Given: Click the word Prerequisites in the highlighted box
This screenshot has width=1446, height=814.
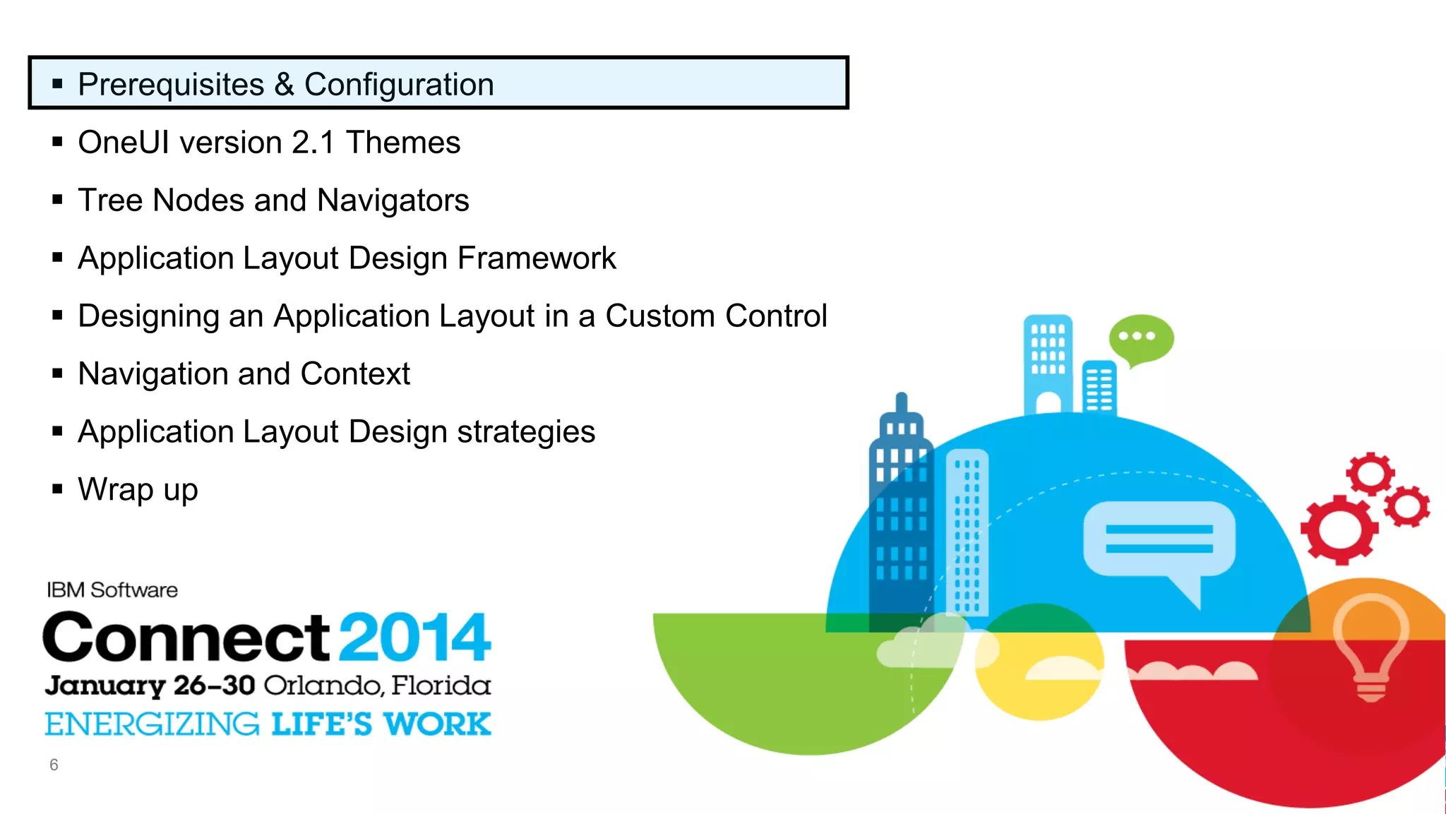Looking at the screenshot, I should tap(171, 85).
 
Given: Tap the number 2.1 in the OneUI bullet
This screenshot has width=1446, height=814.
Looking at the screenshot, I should tap(313, 143).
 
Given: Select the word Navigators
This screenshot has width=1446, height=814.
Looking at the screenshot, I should tap(393, 201).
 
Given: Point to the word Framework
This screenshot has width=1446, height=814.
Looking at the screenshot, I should tap(537, 258).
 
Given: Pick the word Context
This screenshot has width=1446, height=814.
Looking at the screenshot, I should tap(354, 374).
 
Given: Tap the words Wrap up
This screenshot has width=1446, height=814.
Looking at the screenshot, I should tap(138, 490).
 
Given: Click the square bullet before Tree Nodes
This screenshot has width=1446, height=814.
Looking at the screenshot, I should tap(58, 200).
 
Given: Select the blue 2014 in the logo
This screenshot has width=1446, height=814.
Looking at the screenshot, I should tap(414, 638).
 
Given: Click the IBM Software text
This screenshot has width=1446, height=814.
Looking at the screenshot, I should tap(112, 590).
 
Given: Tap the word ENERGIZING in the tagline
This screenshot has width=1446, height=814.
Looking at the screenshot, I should tap(152, 725).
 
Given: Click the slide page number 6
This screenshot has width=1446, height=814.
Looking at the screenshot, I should tap(54, 765).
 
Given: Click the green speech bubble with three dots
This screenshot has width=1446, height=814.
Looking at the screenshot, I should tap(1140, 338).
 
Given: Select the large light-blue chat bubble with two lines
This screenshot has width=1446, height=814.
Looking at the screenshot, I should tap(1159, 540).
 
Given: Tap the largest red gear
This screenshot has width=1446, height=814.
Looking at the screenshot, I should tap(1339, 529).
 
